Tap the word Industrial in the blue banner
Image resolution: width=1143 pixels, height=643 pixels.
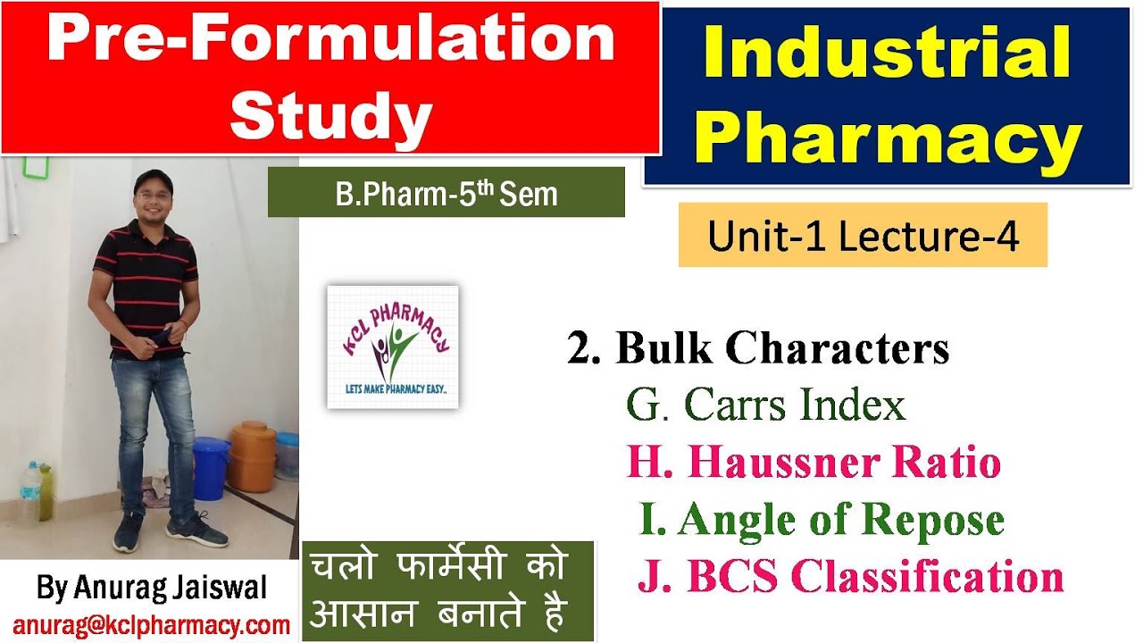(887, 53)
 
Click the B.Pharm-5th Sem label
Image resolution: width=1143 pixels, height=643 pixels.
(446, 193)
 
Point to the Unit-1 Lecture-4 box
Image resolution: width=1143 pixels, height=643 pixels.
(863, 236)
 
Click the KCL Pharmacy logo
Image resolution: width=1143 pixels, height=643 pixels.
(393, 347)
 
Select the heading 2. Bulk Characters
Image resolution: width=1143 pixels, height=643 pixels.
(758, 349)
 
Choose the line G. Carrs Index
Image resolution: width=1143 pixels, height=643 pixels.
(766, 405)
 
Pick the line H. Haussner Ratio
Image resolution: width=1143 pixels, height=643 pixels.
(813, 463)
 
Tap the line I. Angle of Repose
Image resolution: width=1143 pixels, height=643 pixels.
(822, 520)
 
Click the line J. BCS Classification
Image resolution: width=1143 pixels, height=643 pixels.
(850, 577)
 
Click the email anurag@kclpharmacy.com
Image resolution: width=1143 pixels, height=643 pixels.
(151, 625)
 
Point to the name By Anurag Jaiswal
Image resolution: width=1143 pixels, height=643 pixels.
(151, 589)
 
